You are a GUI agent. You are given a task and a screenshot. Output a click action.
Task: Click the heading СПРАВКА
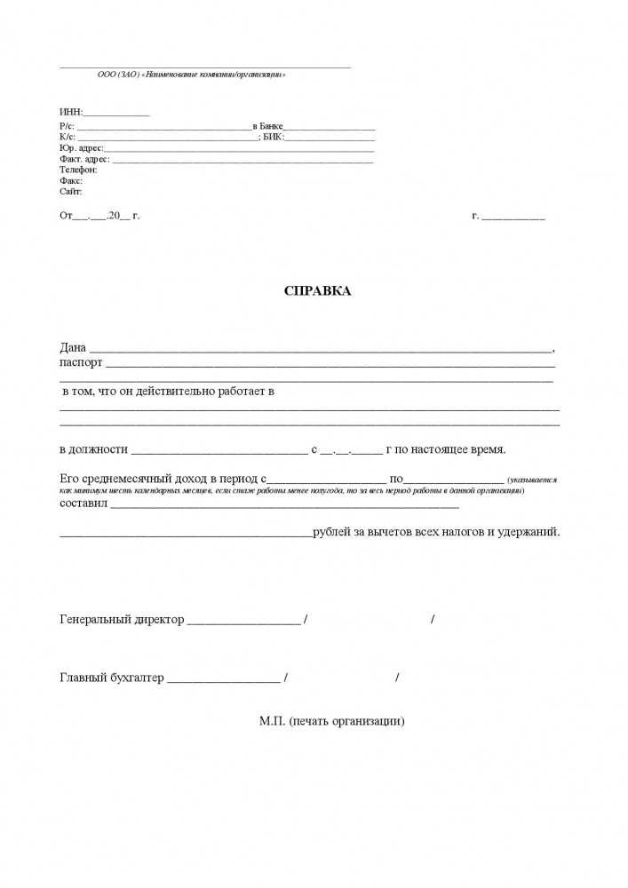point(317,291)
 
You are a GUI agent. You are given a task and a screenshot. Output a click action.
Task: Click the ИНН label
point(70,112)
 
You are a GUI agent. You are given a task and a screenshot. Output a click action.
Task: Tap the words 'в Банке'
point(267,128)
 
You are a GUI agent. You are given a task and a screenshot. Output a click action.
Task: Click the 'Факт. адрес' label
point(84,159)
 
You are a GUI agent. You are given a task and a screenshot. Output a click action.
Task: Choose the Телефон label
point(78,170)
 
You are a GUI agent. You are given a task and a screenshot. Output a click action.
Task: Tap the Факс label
point(71,180)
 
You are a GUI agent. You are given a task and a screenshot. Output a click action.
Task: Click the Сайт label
point(71,191)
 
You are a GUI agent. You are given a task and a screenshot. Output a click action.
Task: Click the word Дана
point(74,347)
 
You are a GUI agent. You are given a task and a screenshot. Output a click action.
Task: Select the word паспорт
point(81,362)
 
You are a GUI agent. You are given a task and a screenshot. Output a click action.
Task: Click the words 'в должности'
point(94,449)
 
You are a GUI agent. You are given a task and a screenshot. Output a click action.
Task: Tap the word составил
point(83,503)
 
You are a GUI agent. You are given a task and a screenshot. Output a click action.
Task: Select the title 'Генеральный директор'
point(122,619)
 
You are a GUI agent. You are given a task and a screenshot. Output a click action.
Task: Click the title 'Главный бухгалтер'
point(112,678)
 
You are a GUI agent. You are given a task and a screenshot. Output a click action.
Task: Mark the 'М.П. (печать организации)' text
point(332,721)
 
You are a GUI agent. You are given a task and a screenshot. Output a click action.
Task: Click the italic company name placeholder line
point(191,75)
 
